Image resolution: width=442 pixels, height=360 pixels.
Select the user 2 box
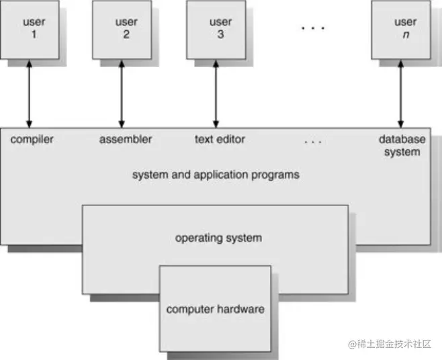tap(125, 28)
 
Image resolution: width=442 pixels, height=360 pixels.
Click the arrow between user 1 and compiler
tap(29, 91)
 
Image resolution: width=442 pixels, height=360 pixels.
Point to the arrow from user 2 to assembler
tap(121, 91)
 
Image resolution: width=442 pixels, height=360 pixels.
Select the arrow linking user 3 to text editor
tap(216, 91)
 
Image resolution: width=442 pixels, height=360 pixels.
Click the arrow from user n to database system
tap(401, 91)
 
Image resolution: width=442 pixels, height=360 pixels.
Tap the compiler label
tap(32, 140)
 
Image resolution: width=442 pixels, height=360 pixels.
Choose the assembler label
tap(126, 140)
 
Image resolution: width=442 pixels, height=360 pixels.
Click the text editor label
tap(220, 140)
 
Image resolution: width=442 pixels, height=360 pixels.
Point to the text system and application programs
tap(215, 175)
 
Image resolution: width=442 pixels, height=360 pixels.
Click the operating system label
tap(218, 238)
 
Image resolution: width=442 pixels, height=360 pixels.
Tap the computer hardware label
tap(215, 310)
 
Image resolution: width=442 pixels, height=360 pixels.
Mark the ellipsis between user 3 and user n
tap(312, 28)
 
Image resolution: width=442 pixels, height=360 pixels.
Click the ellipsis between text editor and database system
tap(313, 142)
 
